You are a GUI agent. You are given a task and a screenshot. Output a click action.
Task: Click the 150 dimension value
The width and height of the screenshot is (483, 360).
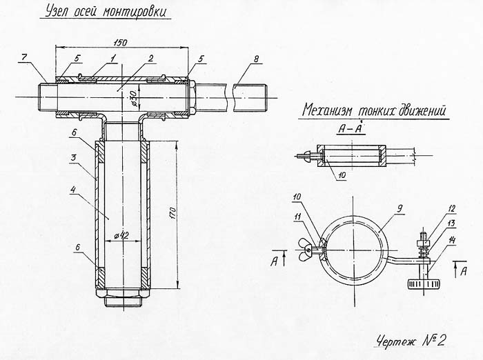pos(121,41)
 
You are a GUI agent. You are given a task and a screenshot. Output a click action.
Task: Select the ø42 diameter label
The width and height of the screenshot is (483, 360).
pos(121,235)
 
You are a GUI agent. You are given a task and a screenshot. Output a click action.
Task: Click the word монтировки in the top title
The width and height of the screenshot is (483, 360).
pos(135,13)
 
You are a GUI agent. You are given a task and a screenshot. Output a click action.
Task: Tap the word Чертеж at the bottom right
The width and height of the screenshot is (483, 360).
pos(399,339)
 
